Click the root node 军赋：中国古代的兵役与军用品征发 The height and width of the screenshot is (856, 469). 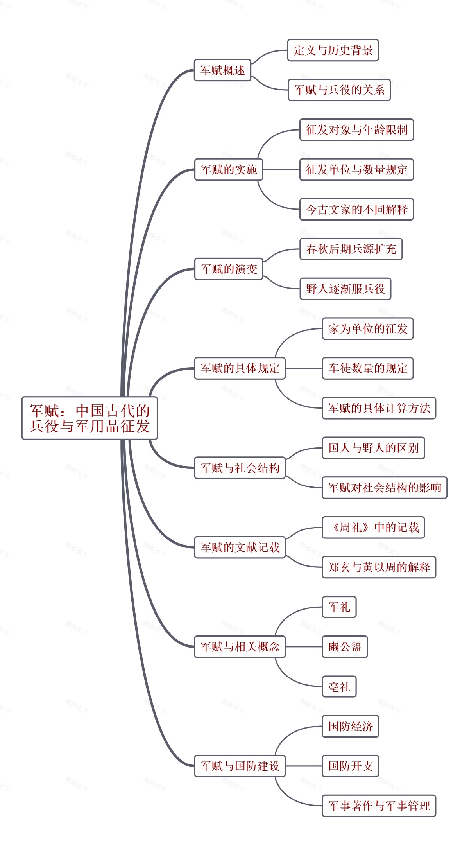[x=90, y=418]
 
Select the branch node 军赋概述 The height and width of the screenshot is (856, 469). [x=222, y=70]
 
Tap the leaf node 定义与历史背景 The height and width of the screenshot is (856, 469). [x=333, y=50]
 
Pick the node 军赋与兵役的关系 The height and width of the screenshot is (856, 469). [x=339, y=90]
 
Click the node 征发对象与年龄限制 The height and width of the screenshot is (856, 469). [x=356, y=130]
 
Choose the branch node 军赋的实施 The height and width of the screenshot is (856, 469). [x=229, y=169]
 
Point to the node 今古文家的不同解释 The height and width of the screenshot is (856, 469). [x=356, y=209]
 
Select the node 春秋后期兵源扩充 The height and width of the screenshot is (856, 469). [x=351, y=249]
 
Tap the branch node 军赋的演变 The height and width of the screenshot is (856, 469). [x=229, y=269]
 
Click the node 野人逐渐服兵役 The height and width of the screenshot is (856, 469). [x=345, y=289]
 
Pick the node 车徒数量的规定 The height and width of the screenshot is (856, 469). [x=367, y=368]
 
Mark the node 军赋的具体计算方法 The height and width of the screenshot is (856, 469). [x=379, y=408]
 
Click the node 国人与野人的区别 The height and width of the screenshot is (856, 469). [x=373, y=448]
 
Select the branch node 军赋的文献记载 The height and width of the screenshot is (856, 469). [x=240, y=547]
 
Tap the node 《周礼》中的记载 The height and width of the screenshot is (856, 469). [x=373, y=528]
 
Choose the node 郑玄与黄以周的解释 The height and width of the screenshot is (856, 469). [x=379, y=567]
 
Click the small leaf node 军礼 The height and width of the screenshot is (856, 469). [x=339, y=607]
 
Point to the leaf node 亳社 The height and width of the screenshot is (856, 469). [x=339, y=687]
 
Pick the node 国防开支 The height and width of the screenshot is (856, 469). [x=350, y=766]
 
